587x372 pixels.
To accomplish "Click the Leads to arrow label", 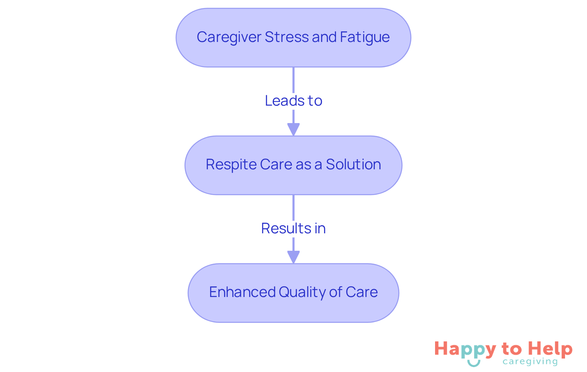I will [293, 101].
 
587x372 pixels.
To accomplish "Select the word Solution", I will [353, 164].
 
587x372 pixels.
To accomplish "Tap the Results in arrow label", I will [293, 228].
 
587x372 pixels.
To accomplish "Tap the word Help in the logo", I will [551, 349].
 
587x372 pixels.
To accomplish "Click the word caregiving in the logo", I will [530, 362].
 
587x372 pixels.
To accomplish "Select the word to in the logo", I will [512, 349].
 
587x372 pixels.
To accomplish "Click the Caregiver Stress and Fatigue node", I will [293, 55].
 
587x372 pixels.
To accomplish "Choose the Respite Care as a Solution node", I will [293, 182].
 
